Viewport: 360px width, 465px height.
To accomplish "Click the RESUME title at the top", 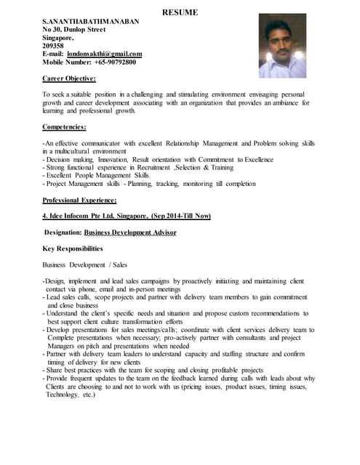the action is [x=179, y=13].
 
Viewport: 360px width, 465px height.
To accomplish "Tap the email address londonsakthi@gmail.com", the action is [x=104, y=54].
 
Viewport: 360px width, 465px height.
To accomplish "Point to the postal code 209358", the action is [x=53, y=46].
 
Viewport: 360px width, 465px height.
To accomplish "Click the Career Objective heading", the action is [x=69, y=78].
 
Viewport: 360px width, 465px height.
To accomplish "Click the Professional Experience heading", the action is [x=79, y=200].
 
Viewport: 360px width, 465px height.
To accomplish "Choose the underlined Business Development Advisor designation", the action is [x=130, y=232].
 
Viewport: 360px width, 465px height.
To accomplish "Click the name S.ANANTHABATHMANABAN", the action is [x=90, y=22].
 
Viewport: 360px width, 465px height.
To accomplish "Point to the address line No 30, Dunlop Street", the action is [x=74, y=30].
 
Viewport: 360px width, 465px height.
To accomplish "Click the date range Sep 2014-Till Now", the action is [x=181, y=216].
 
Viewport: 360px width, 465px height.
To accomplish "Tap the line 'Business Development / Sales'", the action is [x=84, y=264].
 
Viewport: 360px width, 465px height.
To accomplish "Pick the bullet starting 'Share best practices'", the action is [x=153, y=370].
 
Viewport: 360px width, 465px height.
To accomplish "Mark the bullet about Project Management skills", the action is [x=149, y=184].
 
